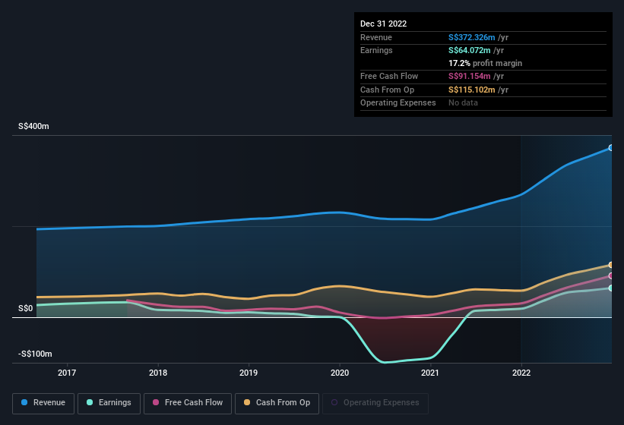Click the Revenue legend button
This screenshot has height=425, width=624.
point(43,403)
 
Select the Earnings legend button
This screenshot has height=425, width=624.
point(109,403)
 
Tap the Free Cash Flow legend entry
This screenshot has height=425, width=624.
point(186,403)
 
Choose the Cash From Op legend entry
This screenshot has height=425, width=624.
point(276,403)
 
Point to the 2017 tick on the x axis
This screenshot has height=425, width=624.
point(67,373)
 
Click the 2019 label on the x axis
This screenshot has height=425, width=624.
point(249,373)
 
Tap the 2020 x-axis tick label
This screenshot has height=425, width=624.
point(339,373)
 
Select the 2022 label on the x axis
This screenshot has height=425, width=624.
point(521,373)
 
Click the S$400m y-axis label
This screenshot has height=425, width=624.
point(34,127)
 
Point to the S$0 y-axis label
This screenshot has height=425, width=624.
point(26,308)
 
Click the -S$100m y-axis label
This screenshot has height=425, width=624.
point(35,354)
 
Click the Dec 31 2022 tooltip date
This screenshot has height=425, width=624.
point(384,24)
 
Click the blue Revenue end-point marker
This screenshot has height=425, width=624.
point(611,148)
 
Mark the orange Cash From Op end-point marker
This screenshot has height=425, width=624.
point(611,265)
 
